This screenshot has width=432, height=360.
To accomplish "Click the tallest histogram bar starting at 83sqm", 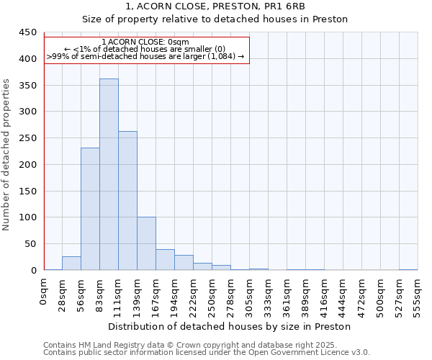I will pyautogui.click(x=109, y=174).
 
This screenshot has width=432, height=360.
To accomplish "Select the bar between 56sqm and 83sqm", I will pyautogui.click(x=90, y=209).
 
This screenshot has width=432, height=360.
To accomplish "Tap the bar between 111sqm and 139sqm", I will pyautogui.click(x=127, y=201).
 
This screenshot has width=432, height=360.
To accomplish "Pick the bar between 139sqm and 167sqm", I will pyautogui.click(x=146, y=243).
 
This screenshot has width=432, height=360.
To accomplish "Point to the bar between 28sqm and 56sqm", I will pyautogui.click(x=71, y=264).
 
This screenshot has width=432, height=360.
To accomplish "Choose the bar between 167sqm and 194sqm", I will pyautogui.click(x=165, y=260).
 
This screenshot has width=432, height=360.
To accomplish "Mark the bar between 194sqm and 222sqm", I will pyautogui.click(x=184, y=263).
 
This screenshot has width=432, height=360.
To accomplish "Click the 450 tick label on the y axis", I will pyautogui.click(x=28, y=32).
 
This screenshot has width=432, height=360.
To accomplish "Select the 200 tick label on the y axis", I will pyautogui.click(x=28, y=165).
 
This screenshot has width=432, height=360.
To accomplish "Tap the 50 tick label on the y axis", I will pyautogui.click(x=31, y=244).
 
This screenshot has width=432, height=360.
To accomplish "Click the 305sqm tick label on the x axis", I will pyautogui.click(x=249, y=294).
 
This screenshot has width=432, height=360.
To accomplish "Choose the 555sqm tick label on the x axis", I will pyautogui.click(x=418, y=294).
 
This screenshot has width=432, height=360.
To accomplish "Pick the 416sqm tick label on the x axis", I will pyautogui.click(x=324, y=294).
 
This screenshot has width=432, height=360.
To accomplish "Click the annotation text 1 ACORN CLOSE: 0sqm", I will pyautogui.click(x=145, y=42).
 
